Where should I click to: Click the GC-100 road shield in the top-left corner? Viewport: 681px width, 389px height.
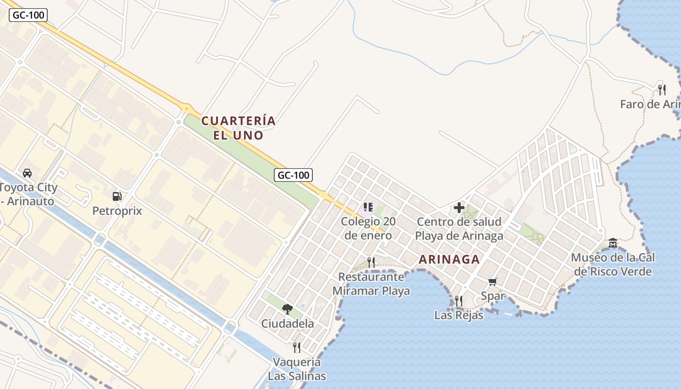[28, 15]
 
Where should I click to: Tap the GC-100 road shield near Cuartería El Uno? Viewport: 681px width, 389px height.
[293, 175]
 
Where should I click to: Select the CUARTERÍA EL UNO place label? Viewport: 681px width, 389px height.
[238, 128]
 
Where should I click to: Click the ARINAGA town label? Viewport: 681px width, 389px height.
[449, 259]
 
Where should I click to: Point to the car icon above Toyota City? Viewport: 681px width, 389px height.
[27, 173]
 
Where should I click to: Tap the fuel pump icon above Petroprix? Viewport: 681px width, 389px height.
[117, 196]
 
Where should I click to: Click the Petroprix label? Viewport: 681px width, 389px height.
[117, 211]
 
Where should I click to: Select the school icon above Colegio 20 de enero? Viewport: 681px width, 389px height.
[368, 208]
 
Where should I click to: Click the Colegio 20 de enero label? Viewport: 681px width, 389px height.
[368, 229]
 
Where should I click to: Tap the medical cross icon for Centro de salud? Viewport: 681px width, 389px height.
[459, 208]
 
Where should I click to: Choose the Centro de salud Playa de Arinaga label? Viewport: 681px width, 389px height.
[459, 229]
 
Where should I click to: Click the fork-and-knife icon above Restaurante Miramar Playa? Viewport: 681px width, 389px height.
[371, 263]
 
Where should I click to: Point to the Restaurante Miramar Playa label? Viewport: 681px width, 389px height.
[371, 284]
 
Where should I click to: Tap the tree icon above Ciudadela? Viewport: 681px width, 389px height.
[287, 309]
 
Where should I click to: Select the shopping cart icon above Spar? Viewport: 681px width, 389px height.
[492, 282]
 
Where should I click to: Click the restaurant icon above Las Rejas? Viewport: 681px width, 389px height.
[458, 301]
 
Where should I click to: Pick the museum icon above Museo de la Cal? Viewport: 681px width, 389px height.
[613, 243]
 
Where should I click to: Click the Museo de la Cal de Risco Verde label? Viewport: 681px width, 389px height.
[613, 265]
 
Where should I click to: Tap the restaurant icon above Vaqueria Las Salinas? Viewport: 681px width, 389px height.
[297, 347]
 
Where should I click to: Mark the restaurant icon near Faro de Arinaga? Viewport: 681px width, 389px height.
[662, 89]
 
